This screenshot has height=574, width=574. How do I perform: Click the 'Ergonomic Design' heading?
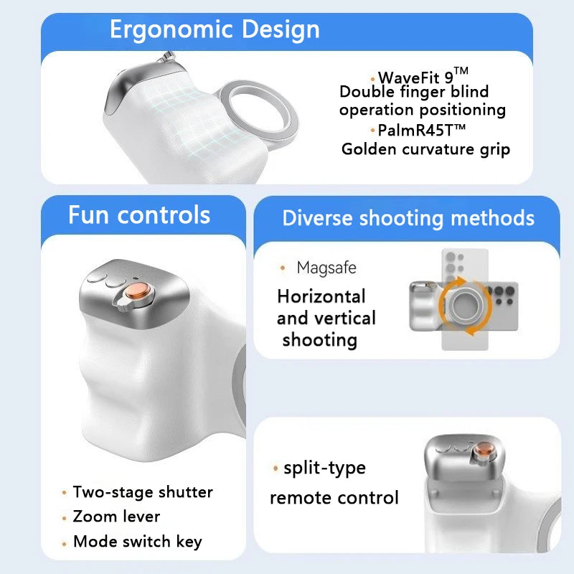(x=215, y=30)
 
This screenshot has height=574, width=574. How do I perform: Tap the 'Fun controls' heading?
(x=139, y=215)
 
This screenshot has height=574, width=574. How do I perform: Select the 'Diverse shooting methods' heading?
(x=408, y=218)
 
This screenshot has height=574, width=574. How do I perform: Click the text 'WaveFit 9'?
(x=415, y=77)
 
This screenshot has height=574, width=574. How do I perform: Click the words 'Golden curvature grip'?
(x=425, y=149)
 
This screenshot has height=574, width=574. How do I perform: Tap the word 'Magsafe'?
(x=326, y=268)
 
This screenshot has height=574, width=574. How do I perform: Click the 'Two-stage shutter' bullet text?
(x=143, y=492)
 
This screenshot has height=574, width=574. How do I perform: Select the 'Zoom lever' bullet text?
(x=116, y=517)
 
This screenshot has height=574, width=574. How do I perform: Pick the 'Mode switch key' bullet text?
(x=137, y=542)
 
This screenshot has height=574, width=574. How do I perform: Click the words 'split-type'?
(x=324, y=469)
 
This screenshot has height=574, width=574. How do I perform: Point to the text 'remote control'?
(x=334, y=497)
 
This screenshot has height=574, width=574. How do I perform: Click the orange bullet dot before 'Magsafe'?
(x=283, y=268)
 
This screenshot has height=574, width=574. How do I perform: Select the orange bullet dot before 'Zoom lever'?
(x=65, y=517)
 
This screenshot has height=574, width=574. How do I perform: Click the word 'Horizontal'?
(x=321, y=296)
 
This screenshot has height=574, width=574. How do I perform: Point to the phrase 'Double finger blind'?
(x=414, y=92)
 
